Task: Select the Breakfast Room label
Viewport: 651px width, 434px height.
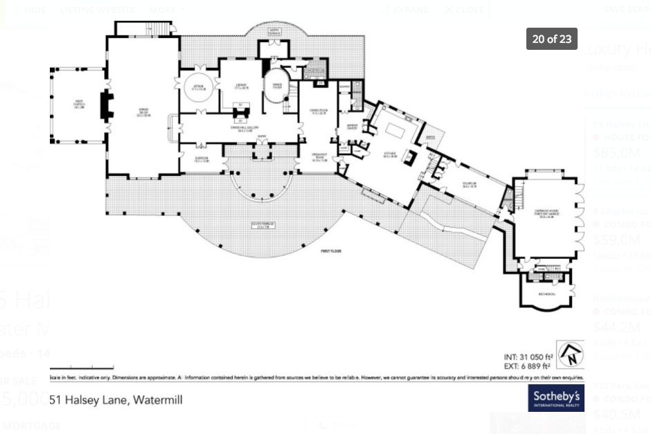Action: (318, 159)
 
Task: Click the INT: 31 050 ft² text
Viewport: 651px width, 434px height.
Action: (528, 357)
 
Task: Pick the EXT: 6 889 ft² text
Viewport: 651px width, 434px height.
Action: (527, 366)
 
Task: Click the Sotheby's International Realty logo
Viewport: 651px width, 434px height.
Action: (556, 398)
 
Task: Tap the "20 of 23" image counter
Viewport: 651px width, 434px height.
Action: (552, 39)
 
